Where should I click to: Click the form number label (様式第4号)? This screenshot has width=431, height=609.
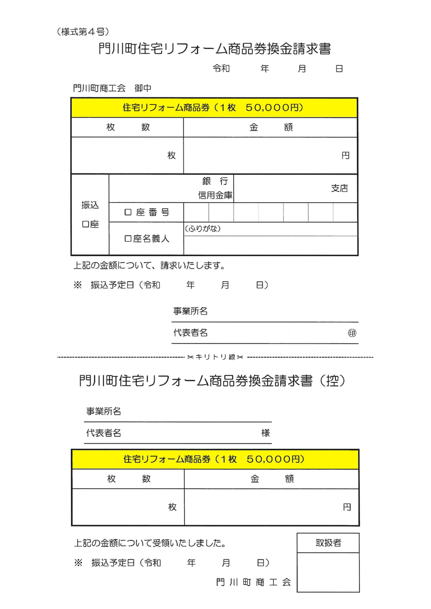(x=83, y=32)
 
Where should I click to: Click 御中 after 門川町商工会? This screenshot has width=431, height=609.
(x=143, y=88)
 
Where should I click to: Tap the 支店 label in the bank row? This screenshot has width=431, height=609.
(x=339, y=188)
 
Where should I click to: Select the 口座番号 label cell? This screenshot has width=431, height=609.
(x=146, y=212)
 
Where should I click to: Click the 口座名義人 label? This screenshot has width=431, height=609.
(x=146, y=239)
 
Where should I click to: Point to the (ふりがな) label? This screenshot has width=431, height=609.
(x=203, y=229)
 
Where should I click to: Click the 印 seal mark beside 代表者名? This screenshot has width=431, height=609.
(x=352, y=333)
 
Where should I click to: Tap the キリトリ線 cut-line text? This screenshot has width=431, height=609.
(x=215, y=357)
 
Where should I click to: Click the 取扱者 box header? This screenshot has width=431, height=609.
(x=328, y=543)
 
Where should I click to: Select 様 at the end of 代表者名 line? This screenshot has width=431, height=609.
(x=266, y=433)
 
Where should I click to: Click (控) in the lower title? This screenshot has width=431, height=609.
(x=332, y=381)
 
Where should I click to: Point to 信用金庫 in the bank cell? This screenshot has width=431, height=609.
(x=215, y=195)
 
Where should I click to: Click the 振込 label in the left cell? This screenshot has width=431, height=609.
(x=90, y=205)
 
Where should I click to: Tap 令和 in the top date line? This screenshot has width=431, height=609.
(x=221, y=69)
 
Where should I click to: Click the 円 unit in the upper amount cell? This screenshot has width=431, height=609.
(x=345, y=156)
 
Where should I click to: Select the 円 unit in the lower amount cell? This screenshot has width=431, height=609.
(x=347, y=508)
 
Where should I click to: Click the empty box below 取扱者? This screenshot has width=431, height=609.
(x=328, y=572)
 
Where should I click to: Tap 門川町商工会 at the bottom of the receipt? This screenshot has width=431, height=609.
(x=253, y=583)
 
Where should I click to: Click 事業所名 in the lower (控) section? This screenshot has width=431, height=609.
(x=104, y=412)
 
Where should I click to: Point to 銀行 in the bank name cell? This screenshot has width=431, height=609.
(x=215, y=181)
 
